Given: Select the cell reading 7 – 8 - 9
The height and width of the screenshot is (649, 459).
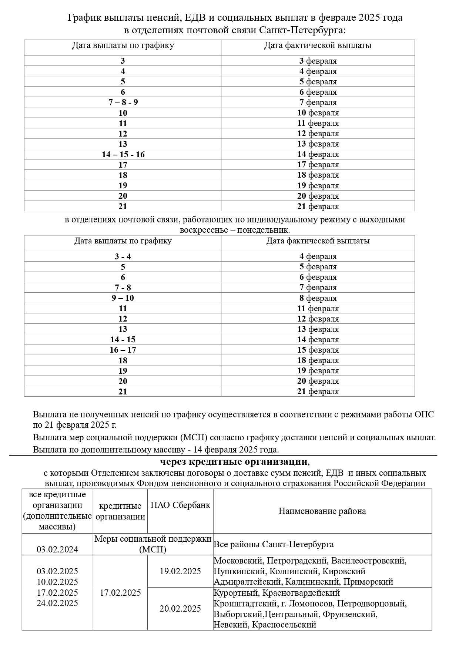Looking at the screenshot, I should click(x=123, y=102).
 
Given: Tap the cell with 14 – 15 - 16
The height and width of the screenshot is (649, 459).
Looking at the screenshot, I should click(x=123, y=154).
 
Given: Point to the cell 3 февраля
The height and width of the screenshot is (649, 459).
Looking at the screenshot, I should click(x=318, y=61).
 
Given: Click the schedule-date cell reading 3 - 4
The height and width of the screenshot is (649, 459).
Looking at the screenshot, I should click(x=123, y=257).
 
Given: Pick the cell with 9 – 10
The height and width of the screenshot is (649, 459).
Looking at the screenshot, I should click(x=123, y=298).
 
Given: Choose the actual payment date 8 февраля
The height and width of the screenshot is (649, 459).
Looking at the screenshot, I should click(x=318, y=298).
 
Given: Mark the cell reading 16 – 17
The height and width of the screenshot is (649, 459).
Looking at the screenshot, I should click(x=123, y=350).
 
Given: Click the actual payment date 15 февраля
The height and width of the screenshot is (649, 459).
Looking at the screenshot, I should click(x=318, y=350).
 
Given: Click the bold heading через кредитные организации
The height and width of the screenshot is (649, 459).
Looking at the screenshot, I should click(x=234, y=462).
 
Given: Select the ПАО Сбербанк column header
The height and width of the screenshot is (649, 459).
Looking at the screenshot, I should click(x=180, y=505).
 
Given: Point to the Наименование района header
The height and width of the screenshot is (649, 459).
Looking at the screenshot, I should click(x=322, y=511).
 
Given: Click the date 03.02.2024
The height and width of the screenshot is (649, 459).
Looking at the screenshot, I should click(x=57, y=549).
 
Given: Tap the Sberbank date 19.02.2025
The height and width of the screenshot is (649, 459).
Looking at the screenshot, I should click(x=180, y=571).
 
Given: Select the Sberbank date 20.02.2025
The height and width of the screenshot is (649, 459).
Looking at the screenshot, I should click(x=180, y=609).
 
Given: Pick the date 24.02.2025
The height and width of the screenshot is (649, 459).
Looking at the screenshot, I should click(x=57, y=603).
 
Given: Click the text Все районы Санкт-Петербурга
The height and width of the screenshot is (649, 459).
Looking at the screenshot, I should click(x=274, y=545).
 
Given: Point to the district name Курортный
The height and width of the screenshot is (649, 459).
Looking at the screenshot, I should click(x=235, y=593).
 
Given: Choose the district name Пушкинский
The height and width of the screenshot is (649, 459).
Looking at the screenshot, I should click(x=239, y=572).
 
